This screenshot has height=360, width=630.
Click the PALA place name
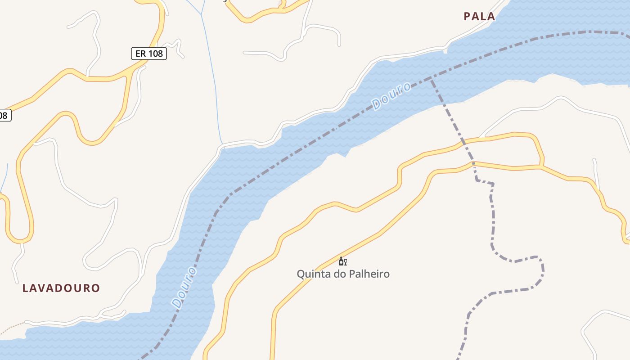tap(479, 17)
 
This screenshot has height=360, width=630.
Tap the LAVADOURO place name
tap(61, 288)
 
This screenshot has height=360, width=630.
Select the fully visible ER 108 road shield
tap(149, 54)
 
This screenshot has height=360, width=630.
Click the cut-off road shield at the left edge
tap(4, 115)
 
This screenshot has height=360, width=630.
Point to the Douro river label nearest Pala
tap(391, 96)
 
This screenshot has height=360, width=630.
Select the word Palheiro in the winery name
tap(368, 274)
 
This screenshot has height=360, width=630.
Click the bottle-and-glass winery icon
tap(342, 261)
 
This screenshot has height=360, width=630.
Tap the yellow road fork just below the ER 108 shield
tap(130, 72)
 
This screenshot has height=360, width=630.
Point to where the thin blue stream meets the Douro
tap(222, 145)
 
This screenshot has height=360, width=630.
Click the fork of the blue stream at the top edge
tap(201, 14)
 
